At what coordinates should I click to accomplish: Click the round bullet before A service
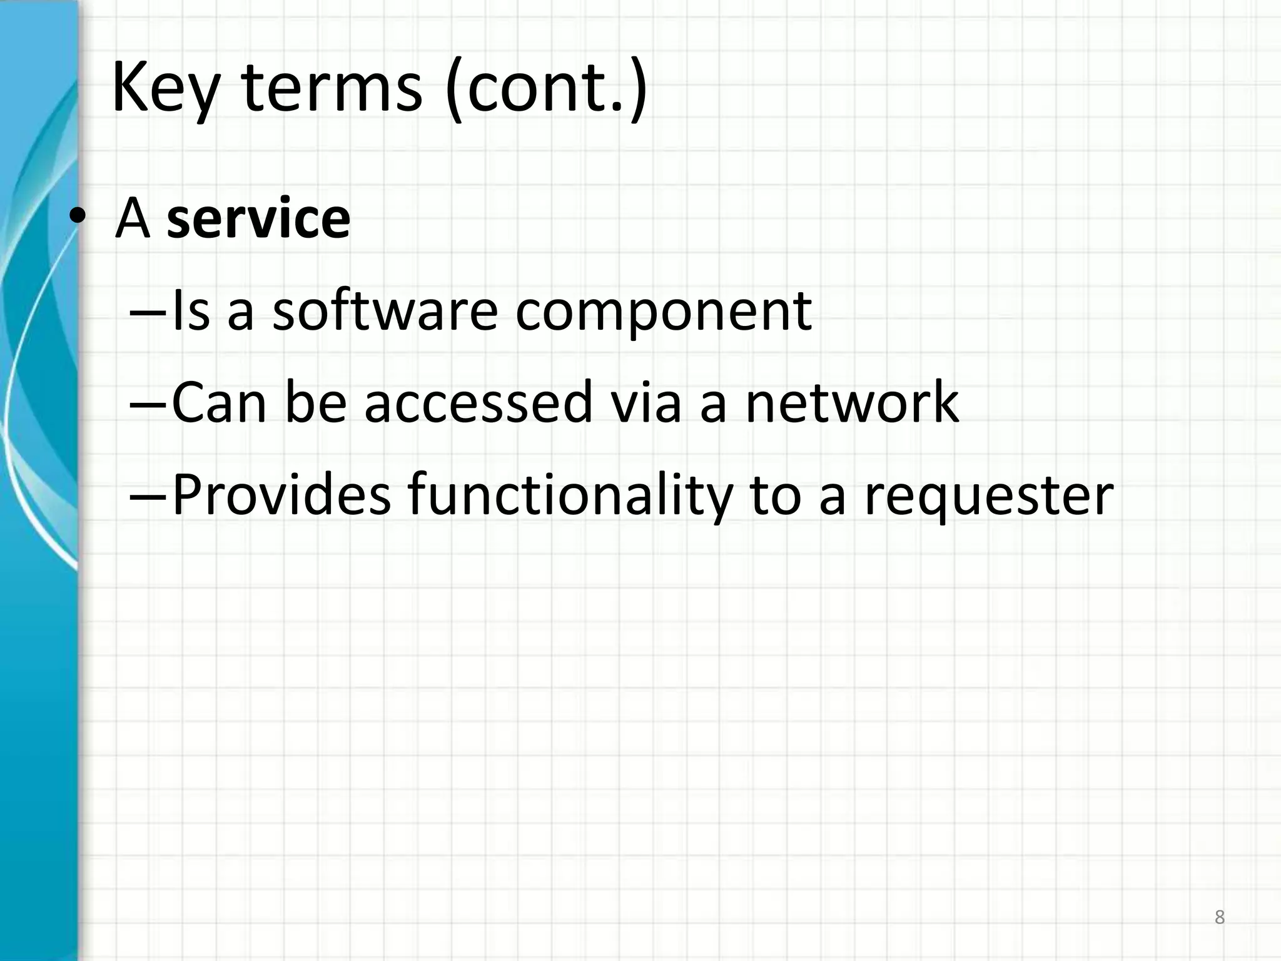coord(78,216)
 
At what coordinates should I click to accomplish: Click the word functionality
coord(569,496)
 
